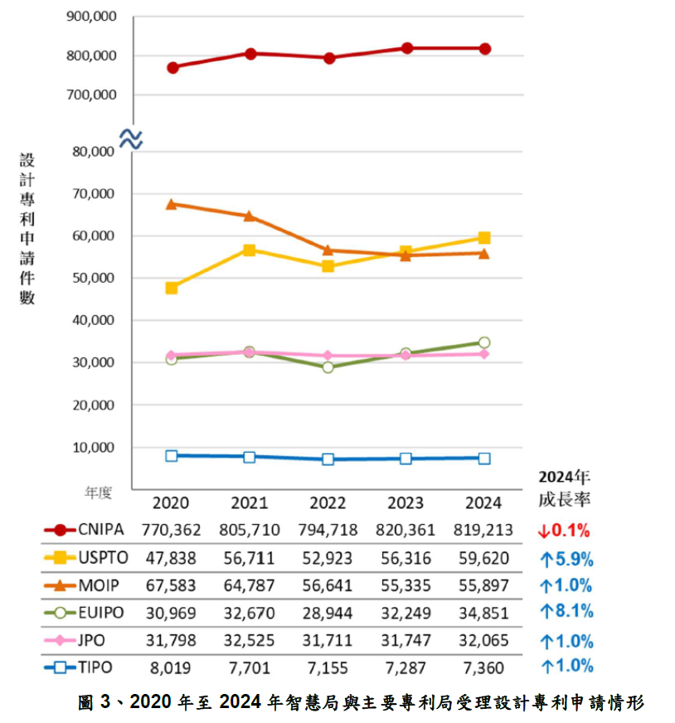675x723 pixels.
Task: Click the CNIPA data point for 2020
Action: pyautogui.click(x=172, y=67)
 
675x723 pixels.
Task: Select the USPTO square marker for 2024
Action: pyautogui.click(x=484, y=238)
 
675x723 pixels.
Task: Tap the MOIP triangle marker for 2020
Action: pyautogui.click(x=172, y=203)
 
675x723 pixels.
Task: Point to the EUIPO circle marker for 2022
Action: pyautogui.click(x=328, y=366)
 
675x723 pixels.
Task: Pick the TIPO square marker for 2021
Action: pyautogui.click(x=250, y=457)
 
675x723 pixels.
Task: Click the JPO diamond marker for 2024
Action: pyautogui.click(x=484, y=354)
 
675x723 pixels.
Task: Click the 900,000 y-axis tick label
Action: pyautogui.click(x=90, y=17)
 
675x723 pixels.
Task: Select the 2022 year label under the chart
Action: pyautogui.click(x=328, y=503)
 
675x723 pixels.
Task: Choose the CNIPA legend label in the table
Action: pyautogui.click(x=100, y=530)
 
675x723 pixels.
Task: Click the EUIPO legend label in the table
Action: pyautogui.click(x=101, y=612)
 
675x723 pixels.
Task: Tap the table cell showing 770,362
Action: pyautogui.click(x=172, y=530)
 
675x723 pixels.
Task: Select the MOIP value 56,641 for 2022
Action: pyautogui.click(x=328, y=585)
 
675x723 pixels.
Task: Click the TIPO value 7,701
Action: pyautogui.click(x=250, y=667)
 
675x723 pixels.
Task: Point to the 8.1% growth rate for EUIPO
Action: pyautogui.click(x=566, y=613)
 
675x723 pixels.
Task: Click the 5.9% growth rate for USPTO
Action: pyautogui.click(x=566, y=558)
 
